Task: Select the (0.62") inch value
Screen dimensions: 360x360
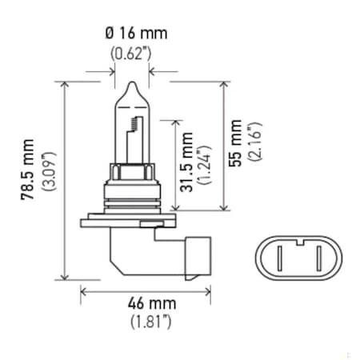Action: [x=129, y=57]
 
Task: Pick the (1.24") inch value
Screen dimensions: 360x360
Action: [x=205, y=163]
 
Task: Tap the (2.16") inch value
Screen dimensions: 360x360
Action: [x=253, y=143]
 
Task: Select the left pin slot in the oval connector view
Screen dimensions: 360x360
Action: [x=284, y=260]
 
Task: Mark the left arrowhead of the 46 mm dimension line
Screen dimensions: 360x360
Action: [x=83, y=291]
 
